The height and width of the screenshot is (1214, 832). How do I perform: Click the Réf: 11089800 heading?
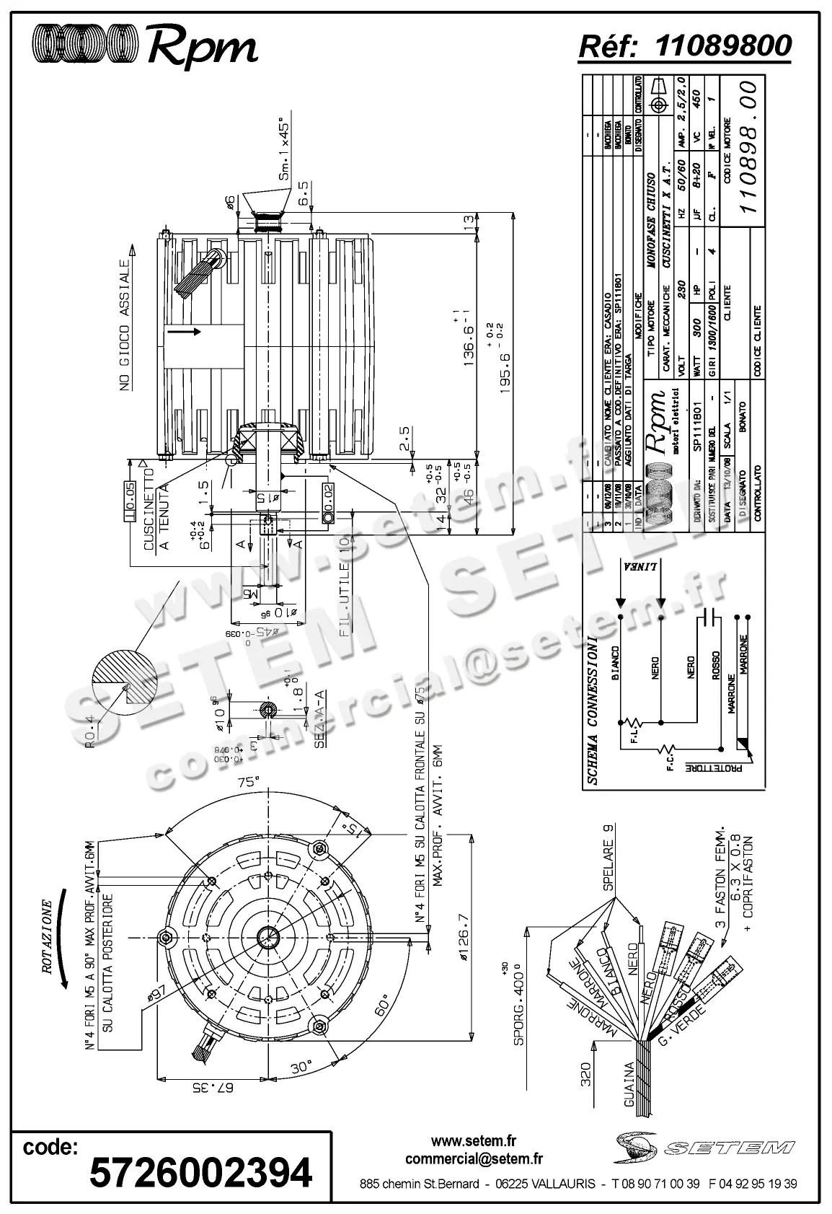coord(685,45)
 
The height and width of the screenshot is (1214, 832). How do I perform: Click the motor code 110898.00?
coord(750,147)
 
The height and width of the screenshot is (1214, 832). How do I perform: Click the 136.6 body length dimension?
coord(468,338)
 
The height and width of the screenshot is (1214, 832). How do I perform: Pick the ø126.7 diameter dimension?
coord(463,937)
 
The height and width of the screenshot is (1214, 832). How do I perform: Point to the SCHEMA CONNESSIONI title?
coord(592,710)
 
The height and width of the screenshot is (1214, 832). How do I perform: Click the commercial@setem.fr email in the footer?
coord(474,1159)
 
